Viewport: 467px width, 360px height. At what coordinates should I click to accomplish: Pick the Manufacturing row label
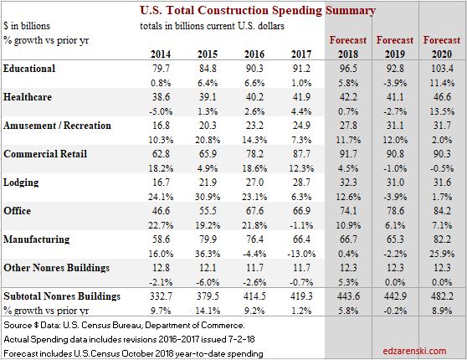tap(37, 239)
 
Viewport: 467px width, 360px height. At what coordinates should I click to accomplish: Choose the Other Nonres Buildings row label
tap(57, 267)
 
